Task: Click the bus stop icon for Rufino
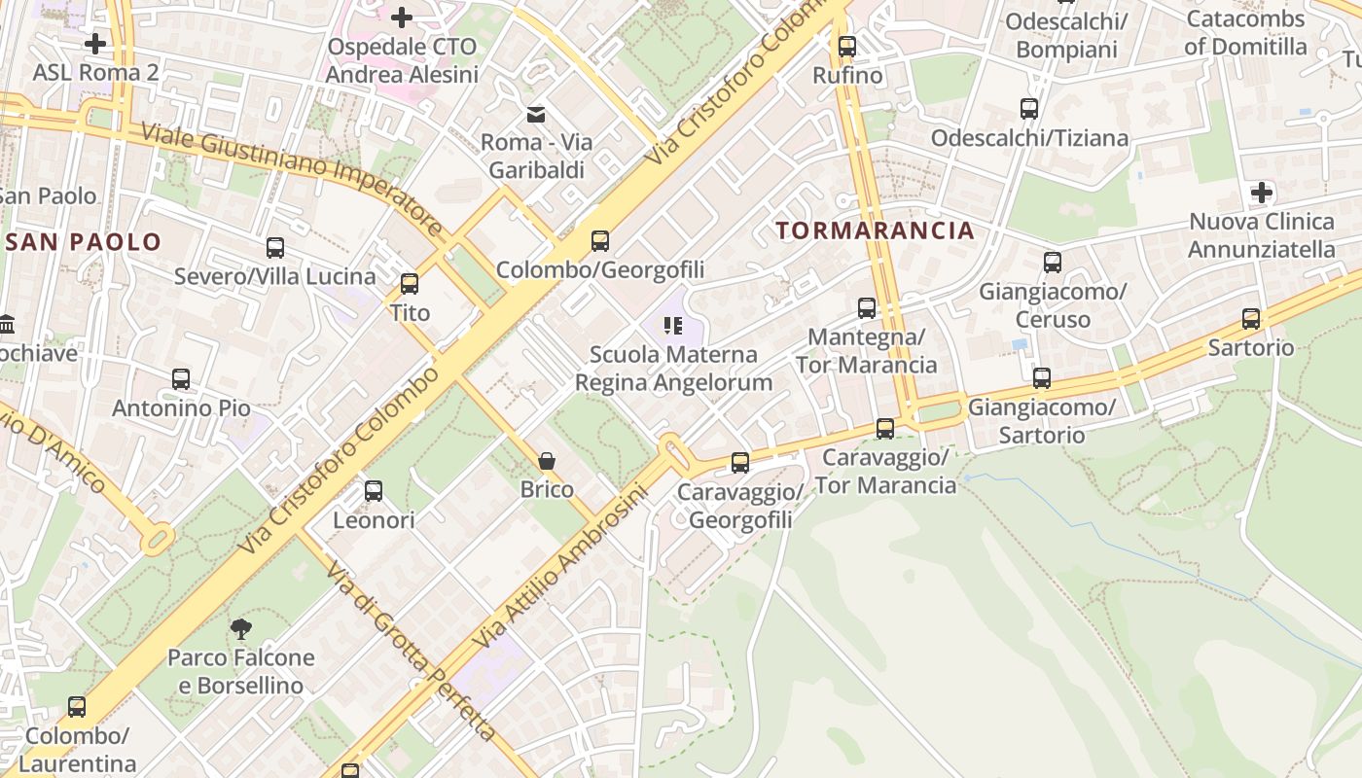[x=846, y=46]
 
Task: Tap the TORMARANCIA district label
[x=876, y=230]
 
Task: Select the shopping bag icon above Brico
[x=547, y=460]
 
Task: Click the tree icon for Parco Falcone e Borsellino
[x=241, y=629]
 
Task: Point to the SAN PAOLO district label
[x=83, y=242]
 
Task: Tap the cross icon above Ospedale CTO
[x=402, y=18]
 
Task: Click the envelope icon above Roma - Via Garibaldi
[x=536, y=115]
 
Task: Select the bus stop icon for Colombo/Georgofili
[x=600, y=240]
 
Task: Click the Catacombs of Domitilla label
[x=1245, y=33]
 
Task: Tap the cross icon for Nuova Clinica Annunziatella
[x=1262, y=193]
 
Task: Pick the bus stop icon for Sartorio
[x=1251, y=318]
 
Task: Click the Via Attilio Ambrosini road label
[x=559, y=569]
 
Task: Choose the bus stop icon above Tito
[x=410, y=283]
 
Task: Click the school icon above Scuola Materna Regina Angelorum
[x=673, y=326]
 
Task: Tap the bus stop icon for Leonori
[x=374, y=491]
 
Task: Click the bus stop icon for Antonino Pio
[x=181, y=379]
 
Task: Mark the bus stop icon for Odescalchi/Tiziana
[x=1029, y=109]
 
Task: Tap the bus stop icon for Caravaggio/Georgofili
[x=740, y=463]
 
